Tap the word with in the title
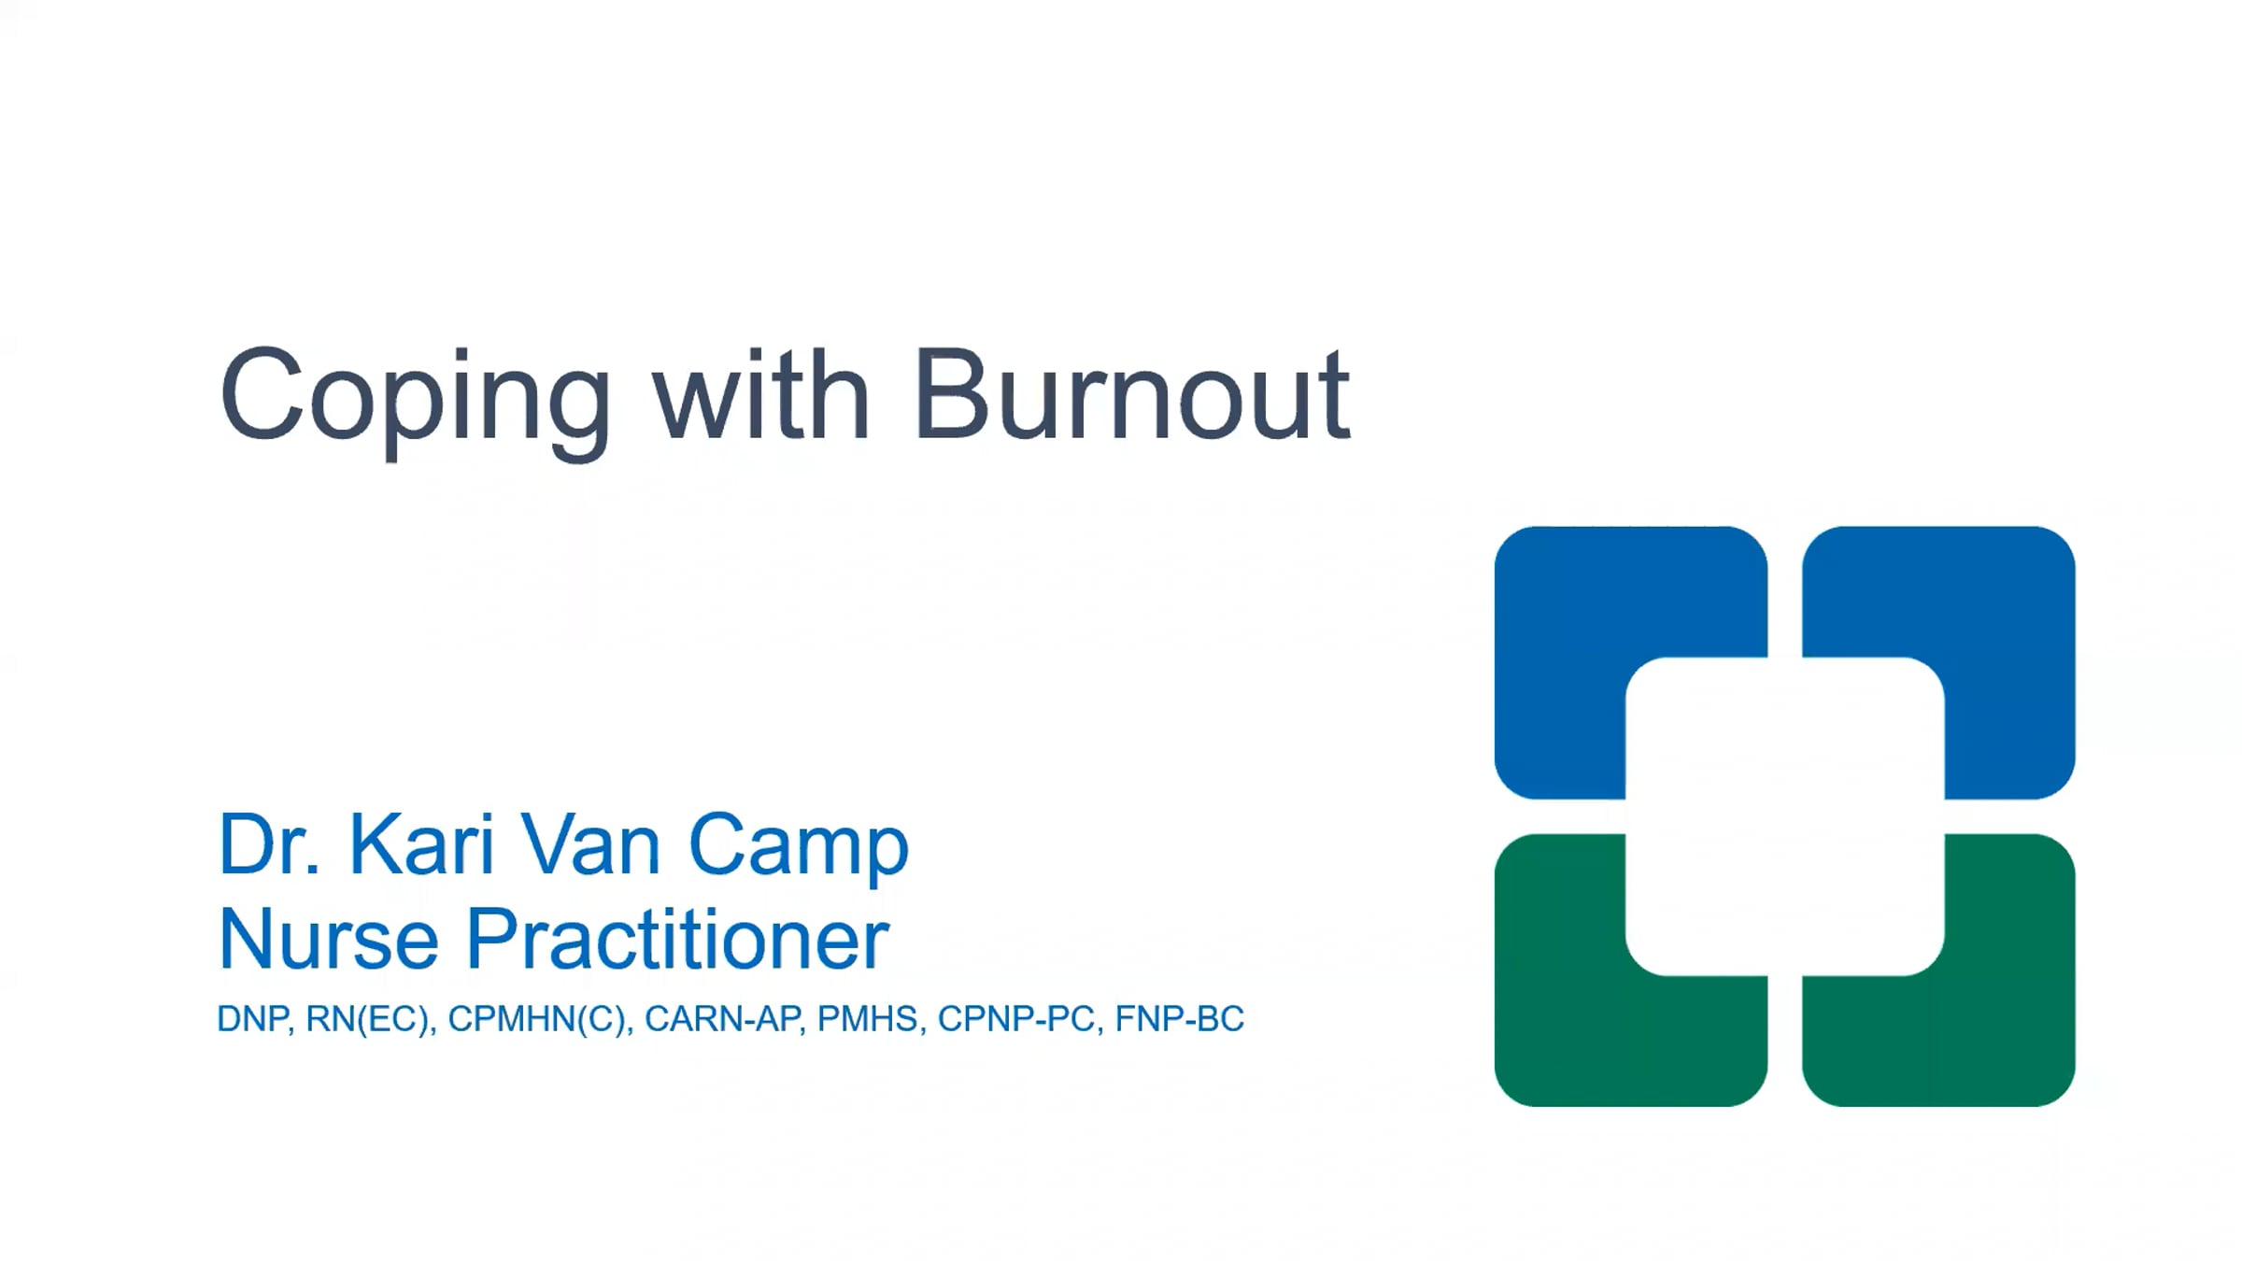(761, 393)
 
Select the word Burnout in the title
(1132, 393)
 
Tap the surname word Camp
(799, 848)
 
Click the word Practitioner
(678, 939)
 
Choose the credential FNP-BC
(1180, 1019)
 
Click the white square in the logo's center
(1785, 816)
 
